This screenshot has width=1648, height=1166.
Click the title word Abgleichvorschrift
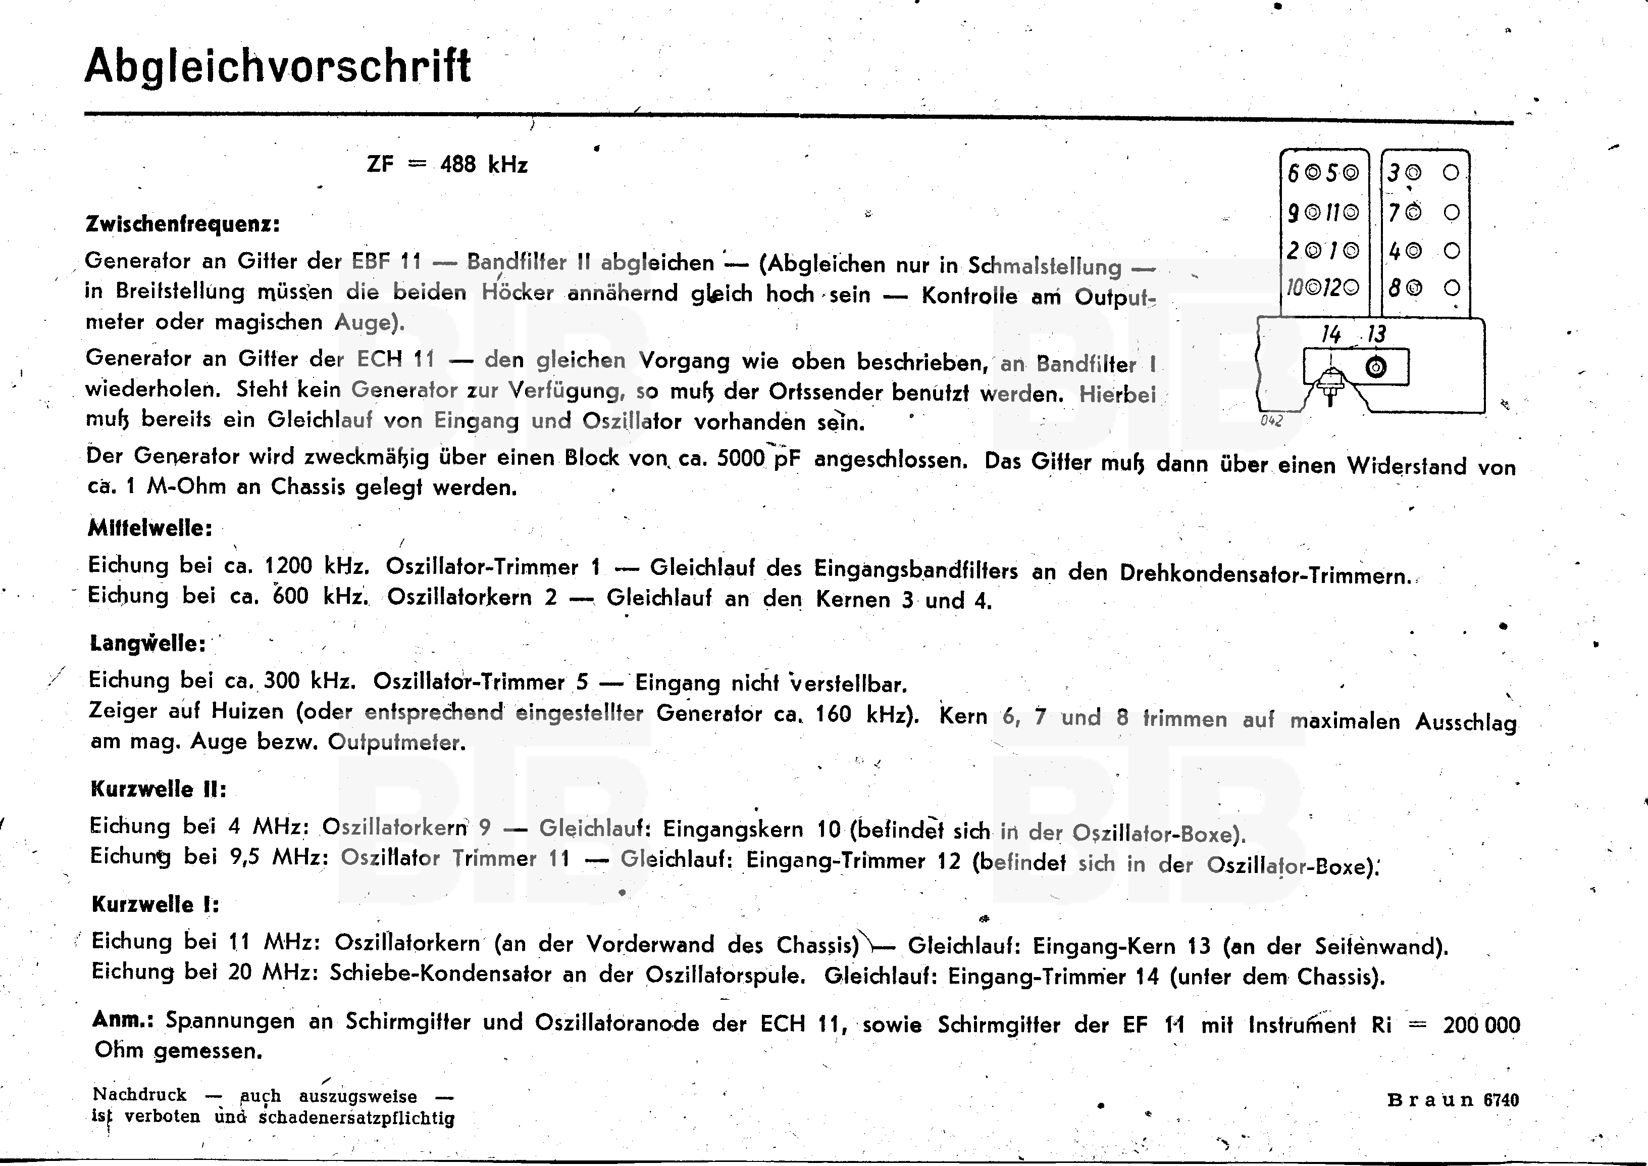click(278, 67)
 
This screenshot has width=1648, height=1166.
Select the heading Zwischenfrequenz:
click(182, 224)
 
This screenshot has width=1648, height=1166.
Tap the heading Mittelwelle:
click(150, 528)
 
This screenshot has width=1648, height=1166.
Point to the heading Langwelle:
click(148, 643)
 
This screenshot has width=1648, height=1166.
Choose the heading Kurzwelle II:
click(159, 790)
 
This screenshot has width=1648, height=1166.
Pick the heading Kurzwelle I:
click(155, 905)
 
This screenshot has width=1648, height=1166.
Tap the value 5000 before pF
click(741, 458)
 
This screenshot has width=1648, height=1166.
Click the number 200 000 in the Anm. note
click(1481, 1025)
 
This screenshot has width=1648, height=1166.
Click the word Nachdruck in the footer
click(139, 1095)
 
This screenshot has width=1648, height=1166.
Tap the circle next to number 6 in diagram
click(1313, 172)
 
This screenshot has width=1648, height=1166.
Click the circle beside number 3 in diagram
click(1413, 172)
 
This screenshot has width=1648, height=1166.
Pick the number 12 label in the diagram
click(1331, 288)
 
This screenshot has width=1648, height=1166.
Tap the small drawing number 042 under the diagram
click(1271, 421)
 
